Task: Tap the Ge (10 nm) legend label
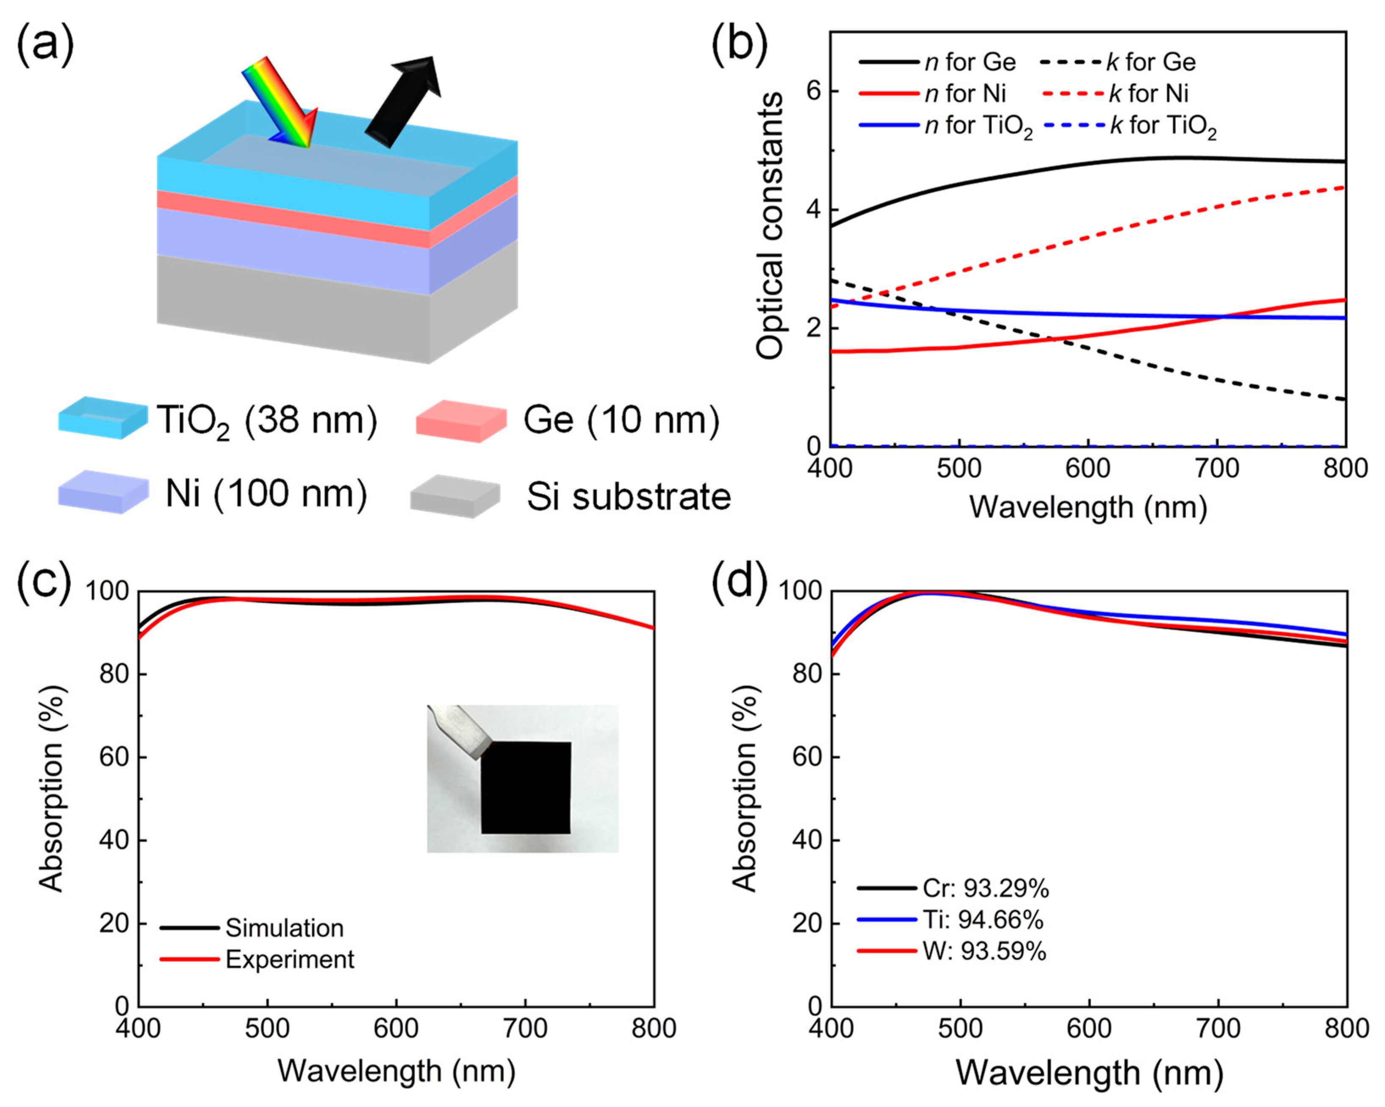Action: (x=620, y=421)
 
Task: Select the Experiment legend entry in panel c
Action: (x=289, y=959)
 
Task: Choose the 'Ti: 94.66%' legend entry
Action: (x=983, y=920)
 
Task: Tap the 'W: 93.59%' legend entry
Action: (x=984, y=951)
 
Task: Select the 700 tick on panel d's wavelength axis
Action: (x=1219, y=1028)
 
